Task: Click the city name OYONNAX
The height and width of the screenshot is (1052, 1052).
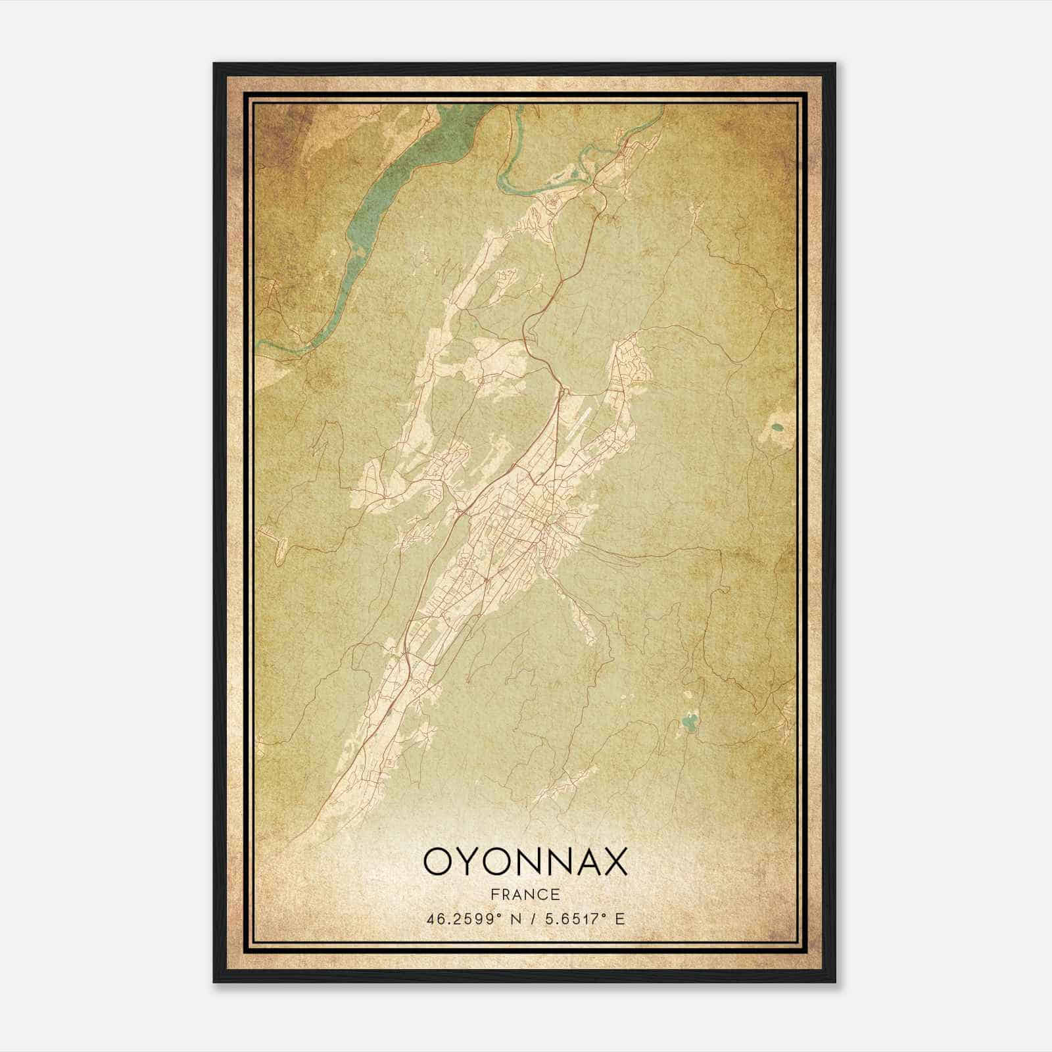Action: tap(525, 861)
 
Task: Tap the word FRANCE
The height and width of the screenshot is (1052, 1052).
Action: tap(525, 894)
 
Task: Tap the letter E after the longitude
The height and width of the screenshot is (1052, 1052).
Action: tap(619, 918)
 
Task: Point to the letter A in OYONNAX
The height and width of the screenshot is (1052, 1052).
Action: tap(583, 861)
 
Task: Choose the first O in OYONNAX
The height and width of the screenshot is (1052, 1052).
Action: tap(437, 861)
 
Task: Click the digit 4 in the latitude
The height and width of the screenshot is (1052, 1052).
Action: tap(431, 918)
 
